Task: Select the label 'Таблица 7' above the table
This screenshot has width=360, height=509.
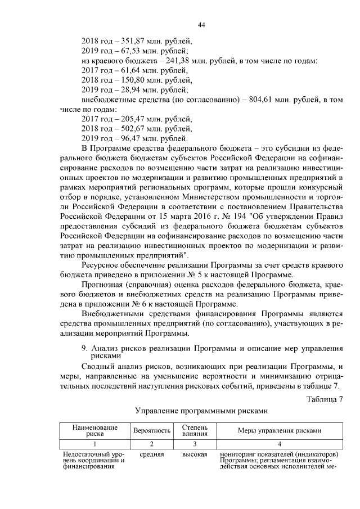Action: pyautogui.click(x=325, y=399)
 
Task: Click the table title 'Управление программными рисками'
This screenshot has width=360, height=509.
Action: pyautogui.click(x=200, y=411)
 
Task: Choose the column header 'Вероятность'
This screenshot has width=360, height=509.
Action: pyautogui.click(x=152, y=431)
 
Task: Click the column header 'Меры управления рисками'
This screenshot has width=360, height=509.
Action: pyautogui.click(x=271, y=431)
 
